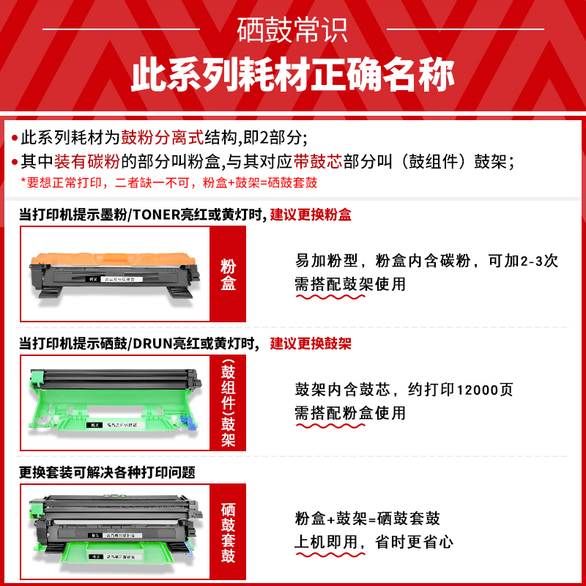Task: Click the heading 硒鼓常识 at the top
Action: click(293, 29)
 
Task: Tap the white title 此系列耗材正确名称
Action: click(293, 76)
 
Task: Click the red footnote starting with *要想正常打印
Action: click(168, 182)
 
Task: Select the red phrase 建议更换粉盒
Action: click(311, 215)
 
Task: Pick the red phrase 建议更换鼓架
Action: click(311, 344)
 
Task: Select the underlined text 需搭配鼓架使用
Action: click(350, 284)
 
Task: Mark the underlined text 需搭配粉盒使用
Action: click(350, 413)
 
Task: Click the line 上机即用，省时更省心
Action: click(374, 542)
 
